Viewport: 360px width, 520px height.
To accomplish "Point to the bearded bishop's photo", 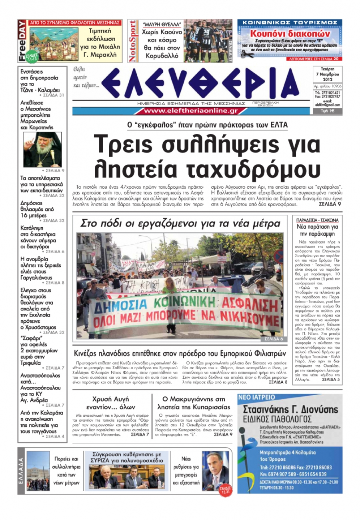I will click(x=42, y=150).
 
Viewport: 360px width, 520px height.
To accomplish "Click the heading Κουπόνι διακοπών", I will click(x=289, y=34).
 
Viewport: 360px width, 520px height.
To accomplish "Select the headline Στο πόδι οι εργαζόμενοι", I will click(x=180, y=223).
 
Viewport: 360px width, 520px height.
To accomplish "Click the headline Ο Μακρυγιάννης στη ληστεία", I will click(x=194, y=403).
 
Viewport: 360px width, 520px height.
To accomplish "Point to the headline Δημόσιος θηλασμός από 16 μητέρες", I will click(x=37, y=209).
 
